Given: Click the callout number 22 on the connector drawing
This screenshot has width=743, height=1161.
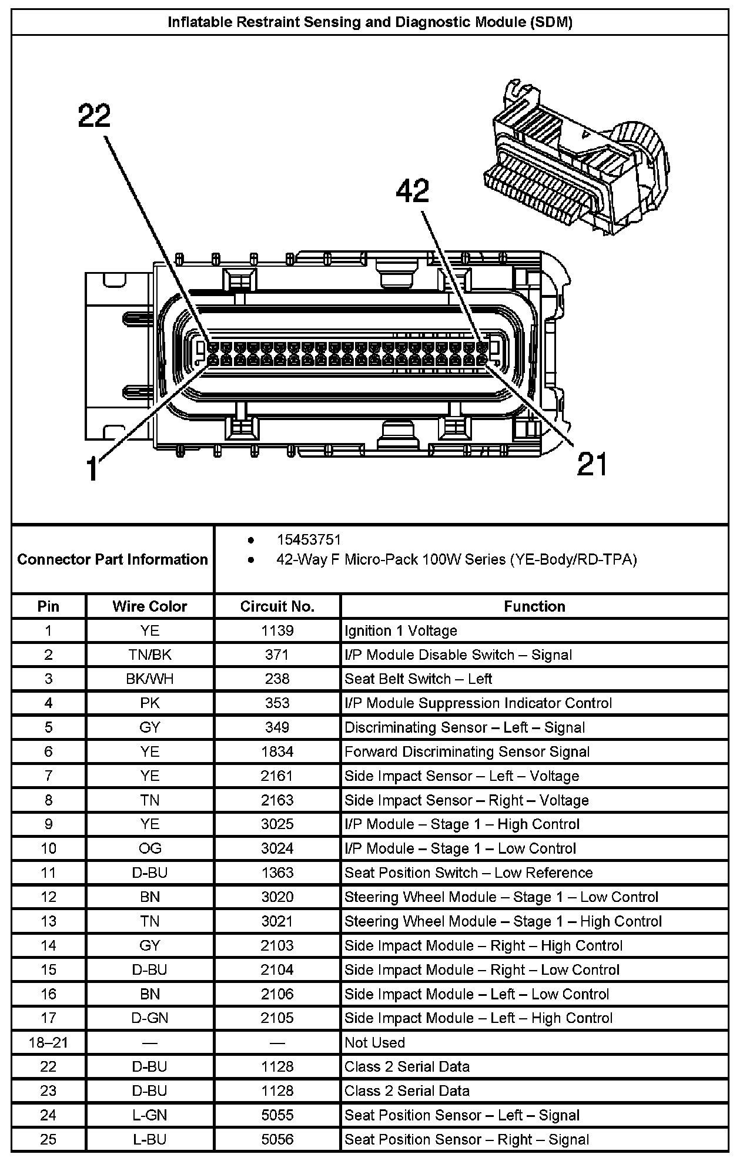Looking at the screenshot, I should [94, 116].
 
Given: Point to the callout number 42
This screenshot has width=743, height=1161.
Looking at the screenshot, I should [413, 192].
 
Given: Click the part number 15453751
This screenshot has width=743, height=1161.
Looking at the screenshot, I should [309, 539].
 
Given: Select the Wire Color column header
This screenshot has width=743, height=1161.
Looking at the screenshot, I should [150, 606].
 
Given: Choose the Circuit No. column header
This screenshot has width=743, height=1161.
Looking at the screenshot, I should [277, 606].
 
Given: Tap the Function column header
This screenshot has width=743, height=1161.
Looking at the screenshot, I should [534, 606].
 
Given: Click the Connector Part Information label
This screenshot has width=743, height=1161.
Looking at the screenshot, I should [112, 559].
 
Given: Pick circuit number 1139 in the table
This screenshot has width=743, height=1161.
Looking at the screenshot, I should [277, 630].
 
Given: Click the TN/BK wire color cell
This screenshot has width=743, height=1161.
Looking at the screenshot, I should [150, 655].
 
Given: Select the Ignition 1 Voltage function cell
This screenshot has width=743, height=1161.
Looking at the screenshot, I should [400, 630].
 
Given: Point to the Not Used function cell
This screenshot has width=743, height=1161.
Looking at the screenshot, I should [374, 1042].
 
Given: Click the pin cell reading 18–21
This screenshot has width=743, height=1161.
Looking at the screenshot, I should [48, 1042].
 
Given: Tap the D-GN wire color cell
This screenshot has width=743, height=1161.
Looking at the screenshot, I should [150, 1018].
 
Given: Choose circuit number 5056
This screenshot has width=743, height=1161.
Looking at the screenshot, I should [277, 1139].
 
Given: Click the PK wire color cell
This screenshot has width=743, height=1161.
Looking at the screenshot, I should [150, 703].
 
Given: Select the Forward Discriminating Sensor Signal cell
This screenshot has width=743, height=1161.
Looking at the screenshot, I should [467, 751].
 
